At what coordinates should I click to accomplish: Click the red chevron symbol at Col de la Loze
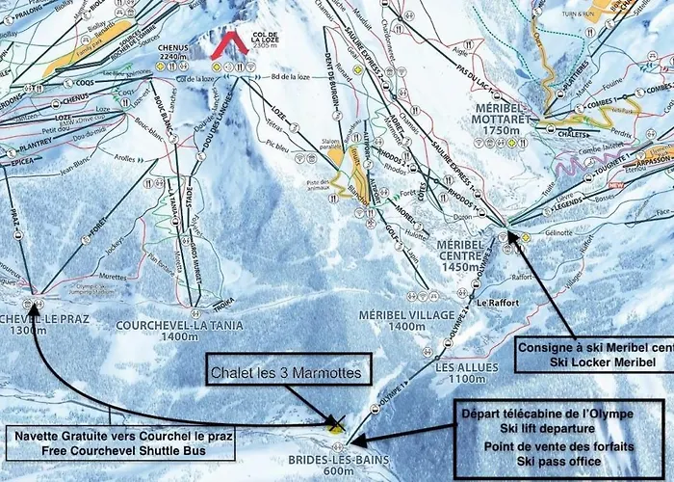point(229,44)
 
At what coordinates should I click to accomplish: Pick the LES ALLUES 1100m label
point(453,373)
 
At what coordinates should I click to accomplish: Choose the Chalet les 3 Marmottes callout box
point(288,371)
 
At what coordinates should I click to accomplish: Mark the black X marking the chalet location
point(335,424)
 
